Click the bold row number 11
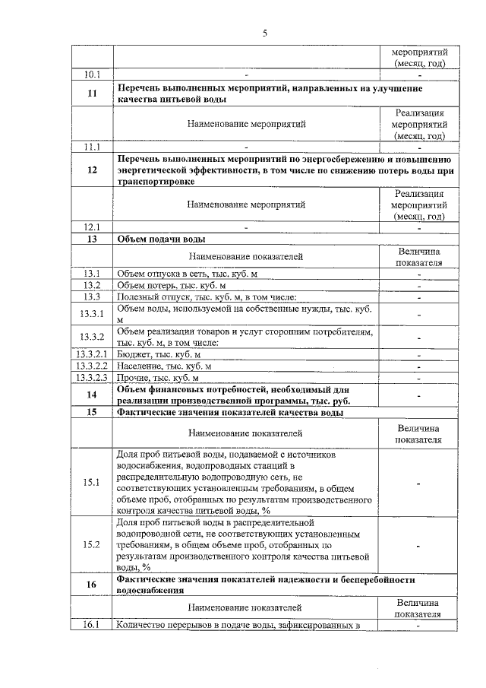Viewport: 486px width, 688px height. pos(93,94)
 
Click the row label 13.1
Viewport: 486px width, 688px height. pos(93,274)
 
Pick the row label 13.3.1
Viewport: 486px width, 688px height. pos(93,314)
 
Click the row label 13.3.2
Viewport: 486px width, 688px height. pos(93,337)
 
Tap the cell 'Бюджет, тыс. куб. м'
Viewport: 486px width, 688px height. pos(159,354)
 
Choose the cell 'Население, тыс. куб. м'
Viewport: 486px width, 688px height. pos(163,366)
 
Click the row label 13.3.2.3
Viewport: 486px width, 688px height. pos(93,377)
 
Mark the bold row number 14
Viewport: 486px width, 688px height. pos(93,395)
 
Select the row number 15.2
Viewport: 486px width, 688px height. pos(93,544)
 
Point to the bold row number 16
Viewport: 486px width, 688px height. pos(93,585)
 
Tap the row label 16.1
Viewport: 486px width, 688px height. pos(93,624)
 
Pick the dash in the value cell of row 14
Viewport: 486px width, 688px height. pos(418,395)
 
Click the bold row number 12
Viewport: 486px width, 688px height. pos(93,170)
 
